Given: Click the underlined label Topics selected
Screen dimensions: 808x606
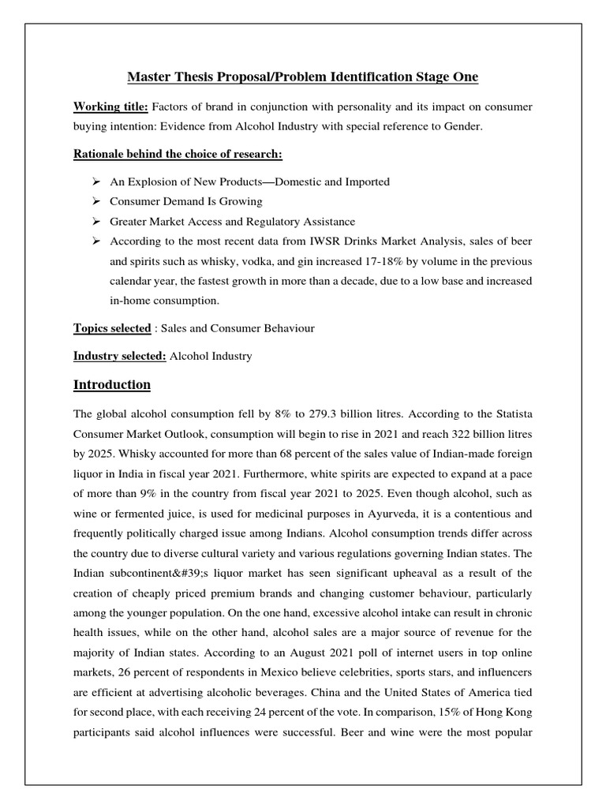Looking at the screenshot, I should (112, 328).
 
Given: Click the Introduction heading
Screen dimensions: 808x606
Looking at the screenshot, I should (112, 385).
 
